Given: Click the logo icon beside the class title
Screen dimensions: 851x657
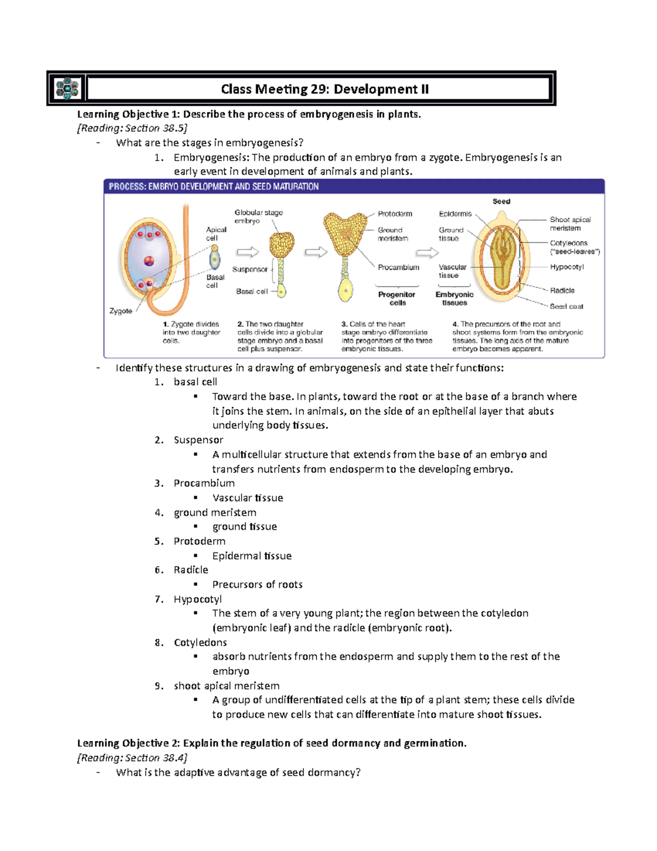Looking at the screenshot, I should coord(67,88).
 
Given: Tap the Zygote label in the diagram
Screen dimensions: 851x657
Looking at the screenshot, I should coord(121,311).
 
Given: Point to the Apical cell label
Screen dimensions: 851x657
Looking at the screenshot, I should coord(216,234).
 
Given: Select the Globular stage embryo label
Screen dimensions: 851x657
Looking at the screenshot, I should coord(258,216).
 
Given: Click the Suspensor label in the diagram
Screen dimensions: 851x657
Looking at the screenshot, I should coord(250,270).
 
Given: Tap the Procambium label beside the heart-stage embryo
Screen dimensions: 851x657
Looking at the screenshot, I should coord(399,267).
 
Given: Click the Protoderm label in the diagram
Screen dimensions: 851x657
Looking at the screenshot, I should coord(395,214).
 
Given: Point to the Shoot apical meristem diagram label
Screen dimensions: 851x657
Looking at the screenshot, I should coord(570,224).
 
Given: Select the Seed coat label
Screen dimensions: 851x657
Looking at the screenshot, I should coord(566,306).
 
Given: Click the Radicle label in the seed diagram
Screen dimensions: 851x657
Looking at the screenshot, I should coord(562,290).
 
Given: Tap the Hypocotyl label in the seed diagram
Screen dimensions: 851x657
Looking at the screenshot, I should coord(567,267).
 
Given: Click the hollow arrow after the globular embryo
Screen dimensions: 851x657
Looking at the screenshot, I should coord(316,252).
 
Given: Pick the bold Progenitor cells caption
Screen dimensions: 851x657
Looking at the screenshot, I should coord(397,299).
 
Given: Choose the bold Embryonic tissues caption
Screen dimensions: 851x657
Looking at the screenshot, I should coord(454,299).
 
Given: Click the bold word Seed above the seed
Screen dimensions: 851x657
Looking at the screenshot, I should coord(501,202).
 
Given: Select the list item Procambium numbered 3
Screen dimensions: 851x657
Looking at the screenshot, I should coord(204,483).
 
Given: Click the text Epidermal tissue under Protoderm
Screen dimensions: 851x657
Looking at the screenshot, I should coord(252,556).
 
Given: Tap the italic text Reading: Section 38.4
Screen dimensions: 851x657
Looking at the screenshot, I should coord(132,758).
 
